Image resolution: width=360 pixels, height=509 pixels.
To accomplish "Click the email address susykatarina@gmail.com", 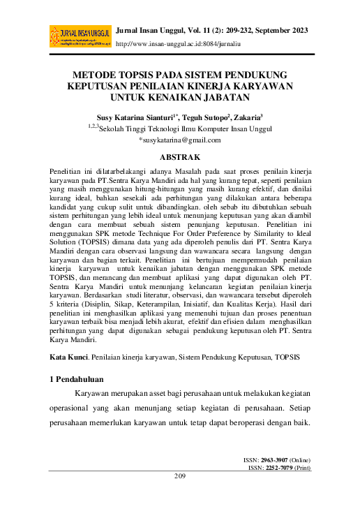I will pos(181,139).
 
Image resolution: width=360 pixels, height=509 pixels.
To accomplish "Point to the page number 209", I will pos(180,496).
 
